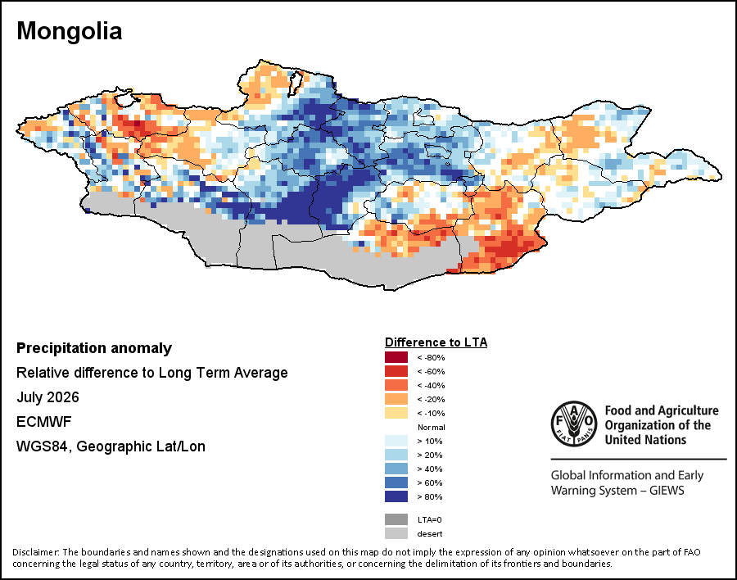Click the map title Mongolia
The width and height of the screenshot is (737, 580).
[x=69, y=31]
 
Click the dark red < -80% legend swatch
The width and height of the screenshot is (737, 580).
[x=396, y=357]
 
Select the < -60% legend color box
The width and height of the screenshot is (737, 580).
[x=396, y=371]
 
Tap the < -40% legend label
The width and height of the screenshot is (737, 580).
[x=431, y=385]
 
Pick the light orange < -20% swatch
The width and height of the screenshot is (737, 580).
[x=396, y=399]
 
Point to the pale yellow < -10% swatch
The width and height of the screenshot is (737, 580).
[x=396, y=413]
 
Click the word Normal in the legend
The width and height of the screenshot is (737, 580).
[x=432, y=427]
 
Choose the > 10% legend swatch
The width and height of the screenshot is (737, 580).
[x=396, y=441]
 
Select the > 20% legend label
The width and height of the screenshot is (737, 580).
[x=430, y=455]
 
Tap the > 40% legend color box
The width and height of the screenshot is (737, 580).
[x=396, y=469]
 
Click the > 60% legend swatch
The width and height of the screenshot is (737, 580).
[x=396, y=483]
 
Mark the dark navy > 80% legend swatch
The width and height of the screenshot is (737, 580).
[x=396, y=496]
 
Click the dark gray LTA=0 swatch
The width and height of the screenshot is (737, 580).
[x=396, y=519]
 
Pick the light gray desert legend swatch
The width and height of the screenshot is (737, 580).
[x=396, y=533]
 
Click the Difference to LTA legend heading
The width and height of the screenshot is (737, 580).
[x=436, y=342]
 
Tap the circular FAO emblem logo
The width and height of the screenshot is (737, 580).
[x=574, y=424]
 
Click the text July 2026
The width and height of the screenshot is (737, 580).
[x=47, y=397]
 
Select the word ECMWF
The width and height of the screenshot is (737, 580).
[x=43, y=421]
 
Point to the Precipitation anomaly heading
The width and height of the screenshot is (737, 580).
[x=94, y=348]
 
